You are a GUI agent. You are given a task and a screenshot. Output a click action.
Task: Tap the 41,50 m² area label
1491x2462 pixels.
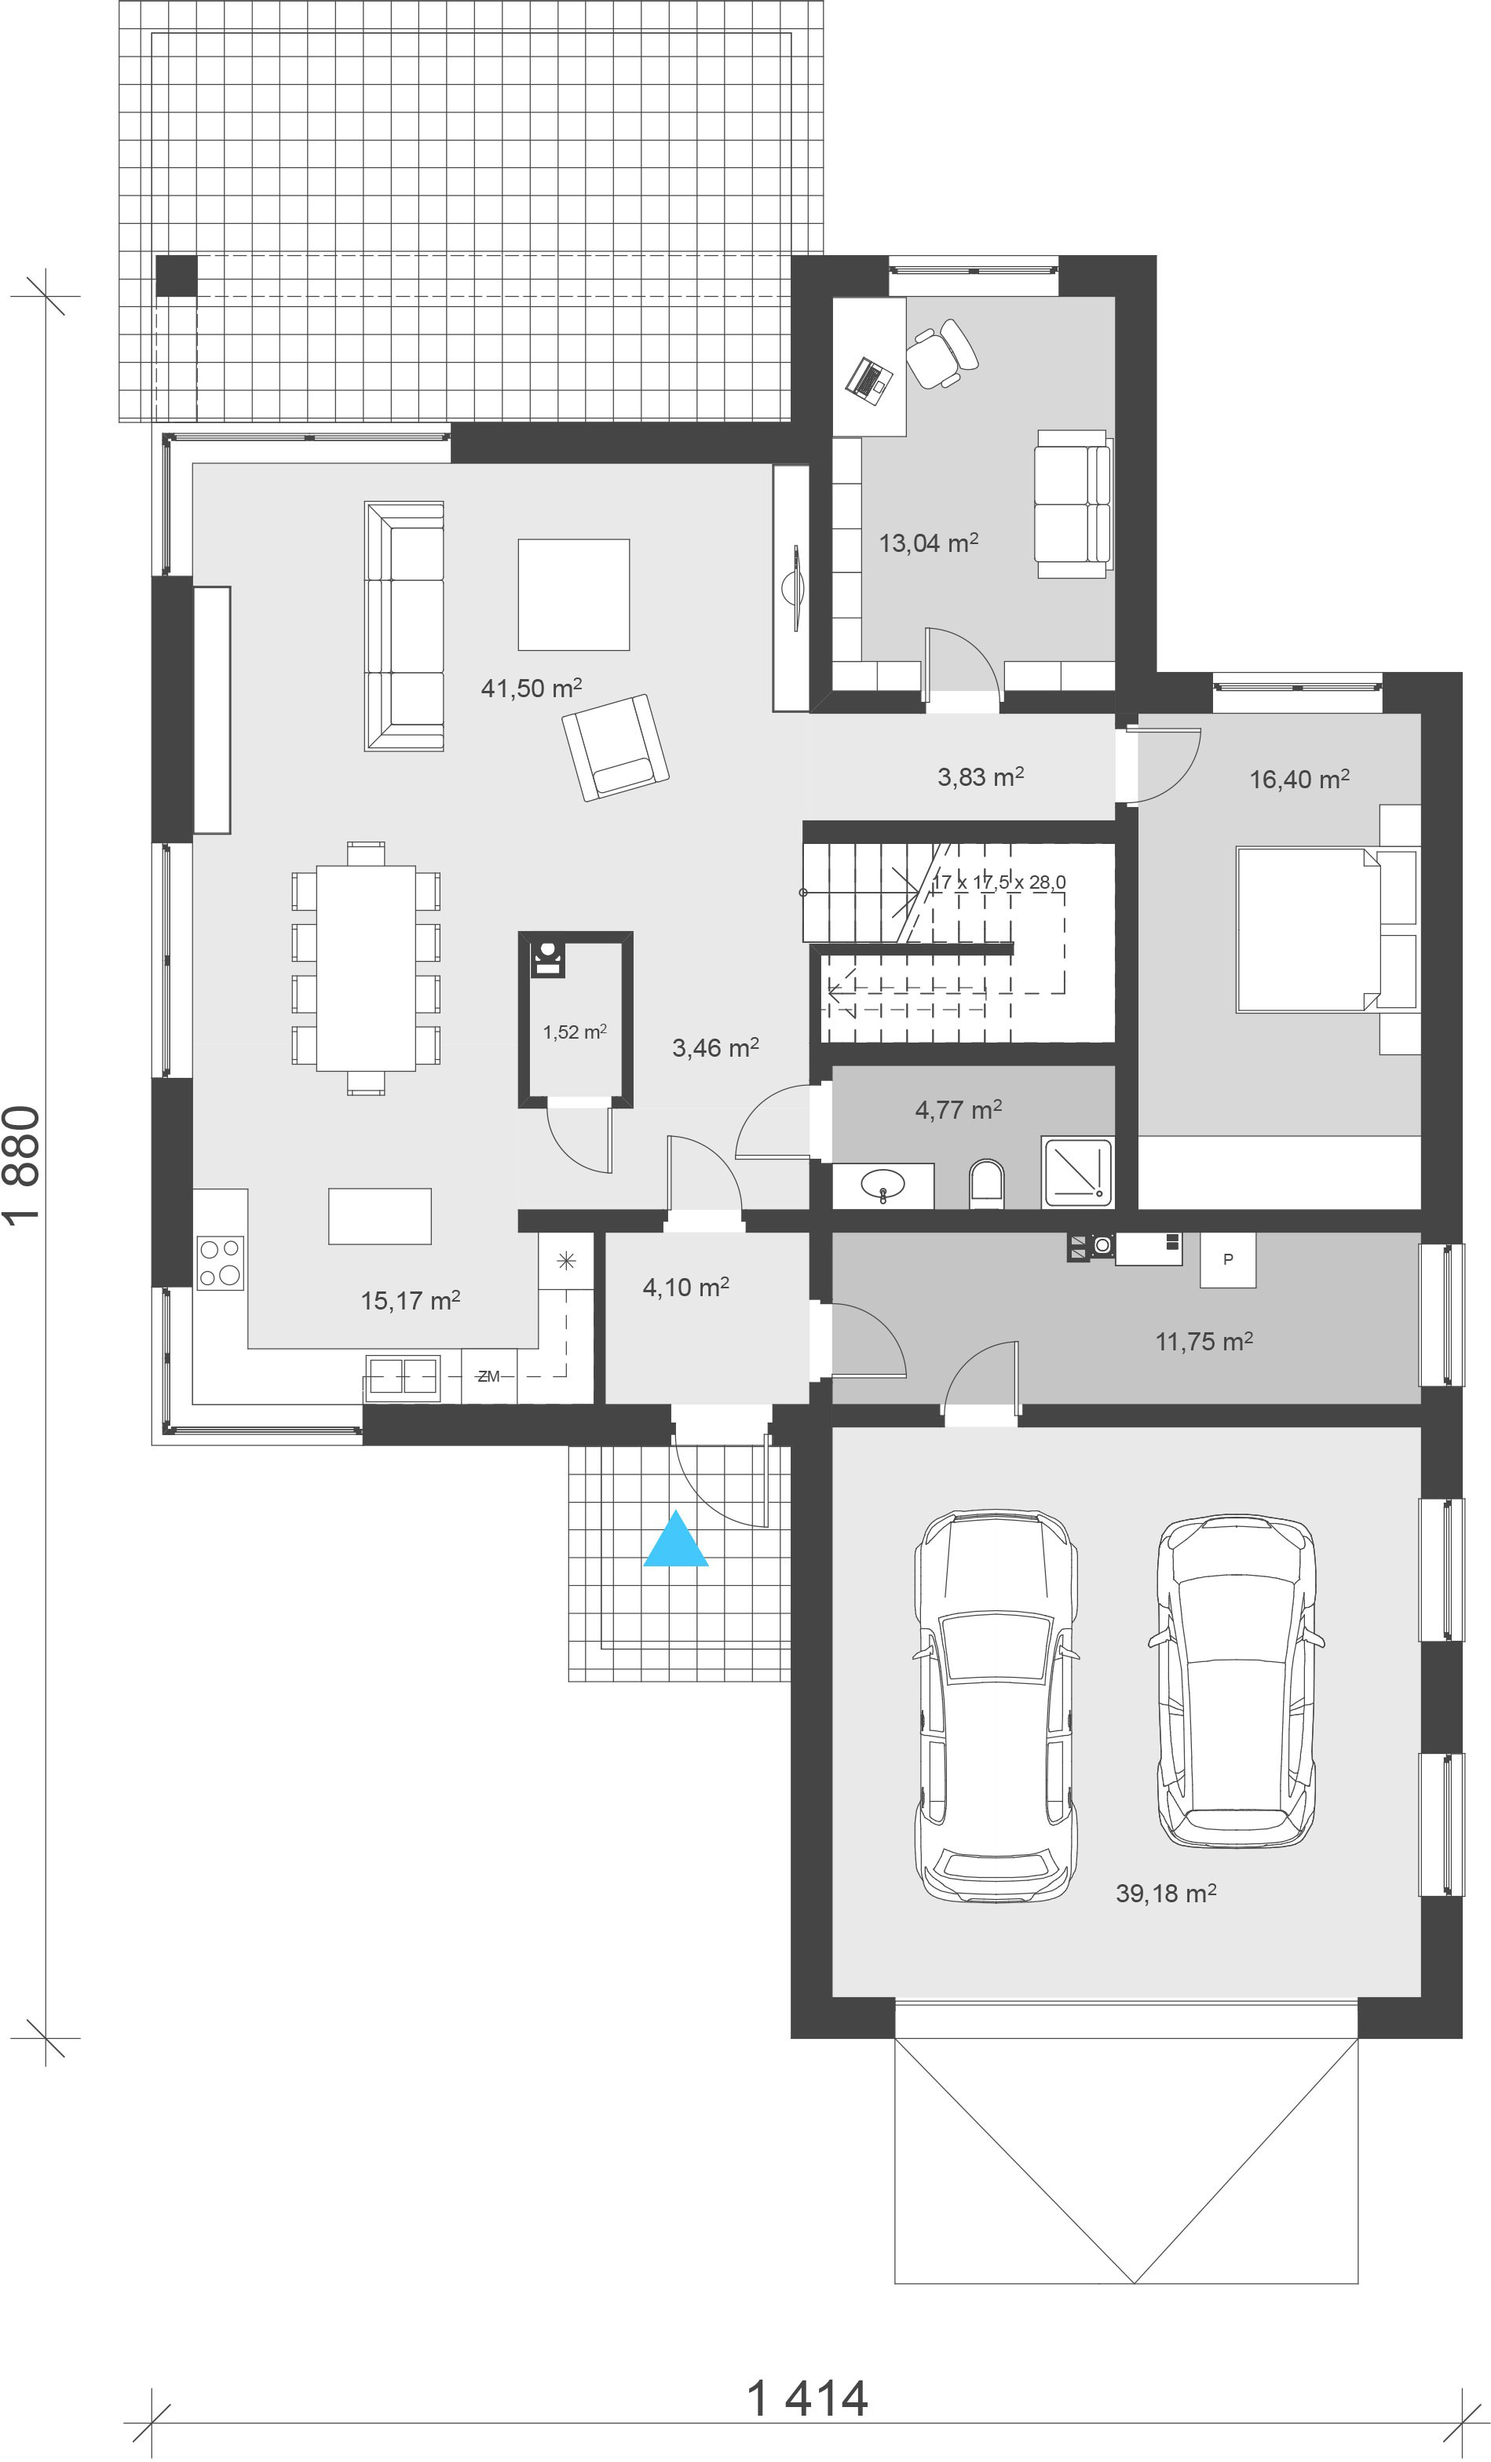tap(531, 688)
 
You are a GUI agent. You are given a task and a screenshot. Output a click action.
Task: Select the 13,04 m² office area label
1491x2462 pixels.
tap(928, 542)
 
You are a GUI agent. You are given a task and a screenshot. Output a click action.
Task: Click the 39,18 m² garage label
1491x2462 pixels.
tap(1166, 1893)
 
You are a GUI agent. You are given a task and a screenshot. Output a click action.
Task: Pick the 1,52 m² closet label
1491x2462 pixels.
tap(575, 1032)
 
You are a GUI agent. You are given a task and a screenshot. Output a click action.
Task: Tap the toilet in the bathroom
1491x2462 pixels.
tap(985, 1183)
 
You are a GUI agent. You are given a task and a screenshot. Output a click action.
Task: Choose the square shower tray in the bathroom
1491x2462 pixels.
tap(1076, 1171)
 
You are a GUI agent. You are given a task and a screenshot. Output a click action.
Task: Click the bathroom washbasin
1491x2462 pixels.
tap(883, 1185)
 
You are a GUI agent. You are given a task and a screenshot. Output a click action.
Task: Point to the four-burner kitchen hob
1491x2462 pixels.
tap(220, 1263)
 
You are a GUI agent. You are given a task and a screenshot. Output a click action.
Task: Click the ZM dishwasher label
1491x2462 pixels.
tap(488, 1376)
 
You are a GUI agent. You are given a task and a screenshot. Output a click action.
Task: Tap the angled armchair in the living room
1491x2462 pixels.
tap(616, 747)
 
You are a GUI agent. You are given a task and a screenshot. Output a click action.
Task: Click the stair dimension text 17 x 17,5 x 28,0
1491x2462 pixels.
tap(999, 882)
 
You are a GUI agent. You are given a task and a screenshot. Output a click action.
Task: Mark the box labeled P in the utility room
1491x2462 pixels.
tap(1227, 1259)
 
